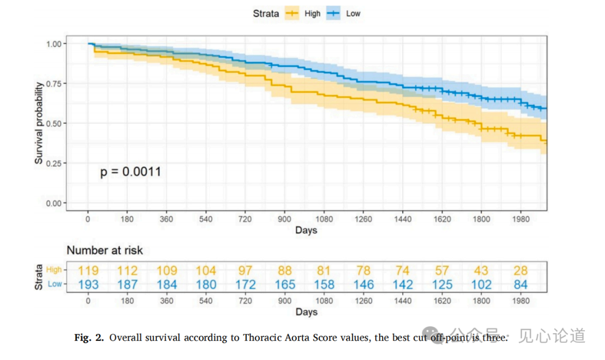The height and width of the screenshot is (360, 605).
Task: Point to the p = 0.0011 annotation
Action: coord(131,171)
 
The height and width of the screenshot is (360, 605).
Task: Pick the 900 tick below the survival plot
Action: coord(285,219)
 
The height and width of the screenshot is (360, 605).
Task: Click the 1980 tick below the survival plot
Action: coord(521,219)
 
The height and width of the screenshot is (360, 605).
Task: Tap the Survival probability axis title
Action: coord(39,123)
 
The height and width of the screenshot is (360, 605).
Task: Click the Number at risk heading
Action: coord(105,250)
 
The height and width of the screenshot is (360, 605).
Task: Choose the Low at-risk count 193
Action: coord(89,284)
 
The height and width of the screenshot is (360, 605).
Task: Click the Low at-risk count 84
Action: coord(521,284)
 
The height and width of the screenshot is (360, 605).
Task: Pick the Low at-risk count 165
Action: coord(285,284)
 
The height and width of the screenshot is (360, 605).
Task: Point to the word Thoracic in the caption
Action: coord(261,338)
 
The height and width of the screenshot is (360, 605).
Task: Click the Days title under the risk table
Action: coord(306,312)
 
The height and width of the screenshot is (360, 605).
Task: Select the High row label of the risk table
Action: coord(54,270)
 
